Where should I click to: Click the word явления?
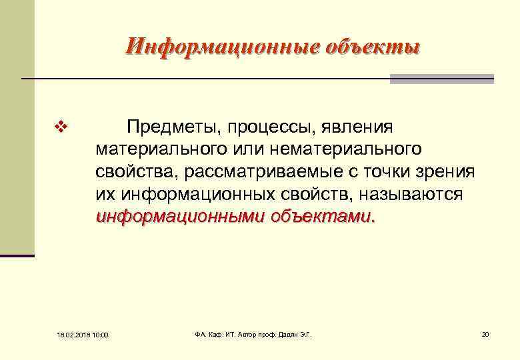pyautogui.click(x=362, y=127)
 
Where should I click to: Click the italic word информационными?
pyautogui.click(x=180, y=217)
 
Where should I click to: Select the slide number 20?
pyautogui.click(x=485, y=333)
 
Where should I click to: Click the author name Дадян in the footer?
pyautogui.click(x=284, y=333)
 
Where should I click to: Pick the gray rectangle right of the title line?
pyautogui.click(x=442, y=79)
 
